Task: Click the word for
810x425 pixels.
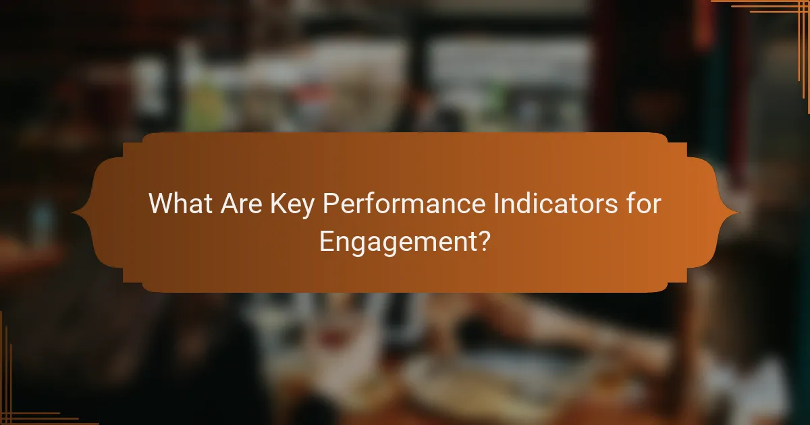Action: tap(642, 204)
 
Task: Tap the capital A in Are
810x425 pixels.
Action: tap(229, 204)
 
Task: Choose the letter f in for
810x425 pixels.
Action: tap(628, 204)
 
